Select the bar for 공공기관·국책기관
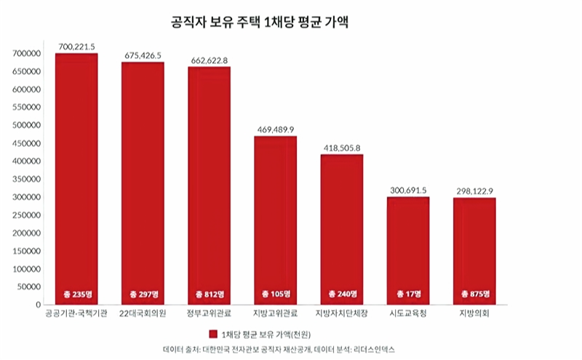pyautogui.click(x=76, y=175)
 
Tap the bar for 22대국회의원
pyautogui.click(x=143, y=182)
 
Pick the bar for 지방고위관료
pyautogui.click(x=275, y=218)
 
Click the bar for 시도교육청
pyautogui.click(x=408, y=247)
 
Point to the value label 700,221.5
pyautogui.click(x=76, y=47)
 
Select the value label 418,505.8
pyautogui.click(x=341, y=148)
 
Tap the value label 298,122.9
pyautogui.click(x=474, y=191)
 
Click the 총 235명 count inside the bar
pyautogui.click(x=76, y=294)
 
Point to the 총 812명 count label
pyautogui.click(x=209, y=294)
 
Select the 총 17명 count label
pyautogui.click(x=408, y=294)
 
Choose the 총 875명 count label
pyautogui.click(x=474, y=294)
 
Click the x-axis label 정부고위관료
pyautogui.click(x=209, y=313)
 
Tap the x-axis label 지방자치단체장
pyautogui.click(x=341, y=313)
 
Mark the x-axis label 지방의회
pyautogui.click(x=474, y=313)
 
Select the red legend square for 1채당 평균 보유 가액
pyautogui.click(x=213, y=334)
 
